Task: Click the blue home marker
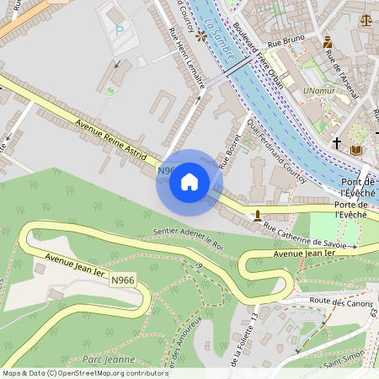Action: (x=189, y=181)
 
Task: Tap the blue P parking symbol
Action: (x=119, y=30)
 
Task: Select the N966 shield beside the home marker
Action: (x=165, y=170)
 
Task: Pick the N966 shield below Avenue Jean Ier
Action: (x=123, y=280)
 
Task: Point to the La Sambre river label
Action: (x=217, y=38)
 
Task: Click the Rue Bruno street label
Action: (x=285, y=40)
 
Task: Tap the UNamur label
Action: (x=319, y=89)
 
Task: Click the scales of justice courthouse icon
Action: (x=366, y=19)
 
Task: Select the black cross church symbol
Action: (x=337, y=143)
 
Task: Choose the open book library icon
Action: (x=356, y=150)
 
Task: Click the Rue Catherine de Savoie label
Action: (x=310, y=235)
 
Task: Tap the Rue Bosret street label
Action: (x=227, y=149)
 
